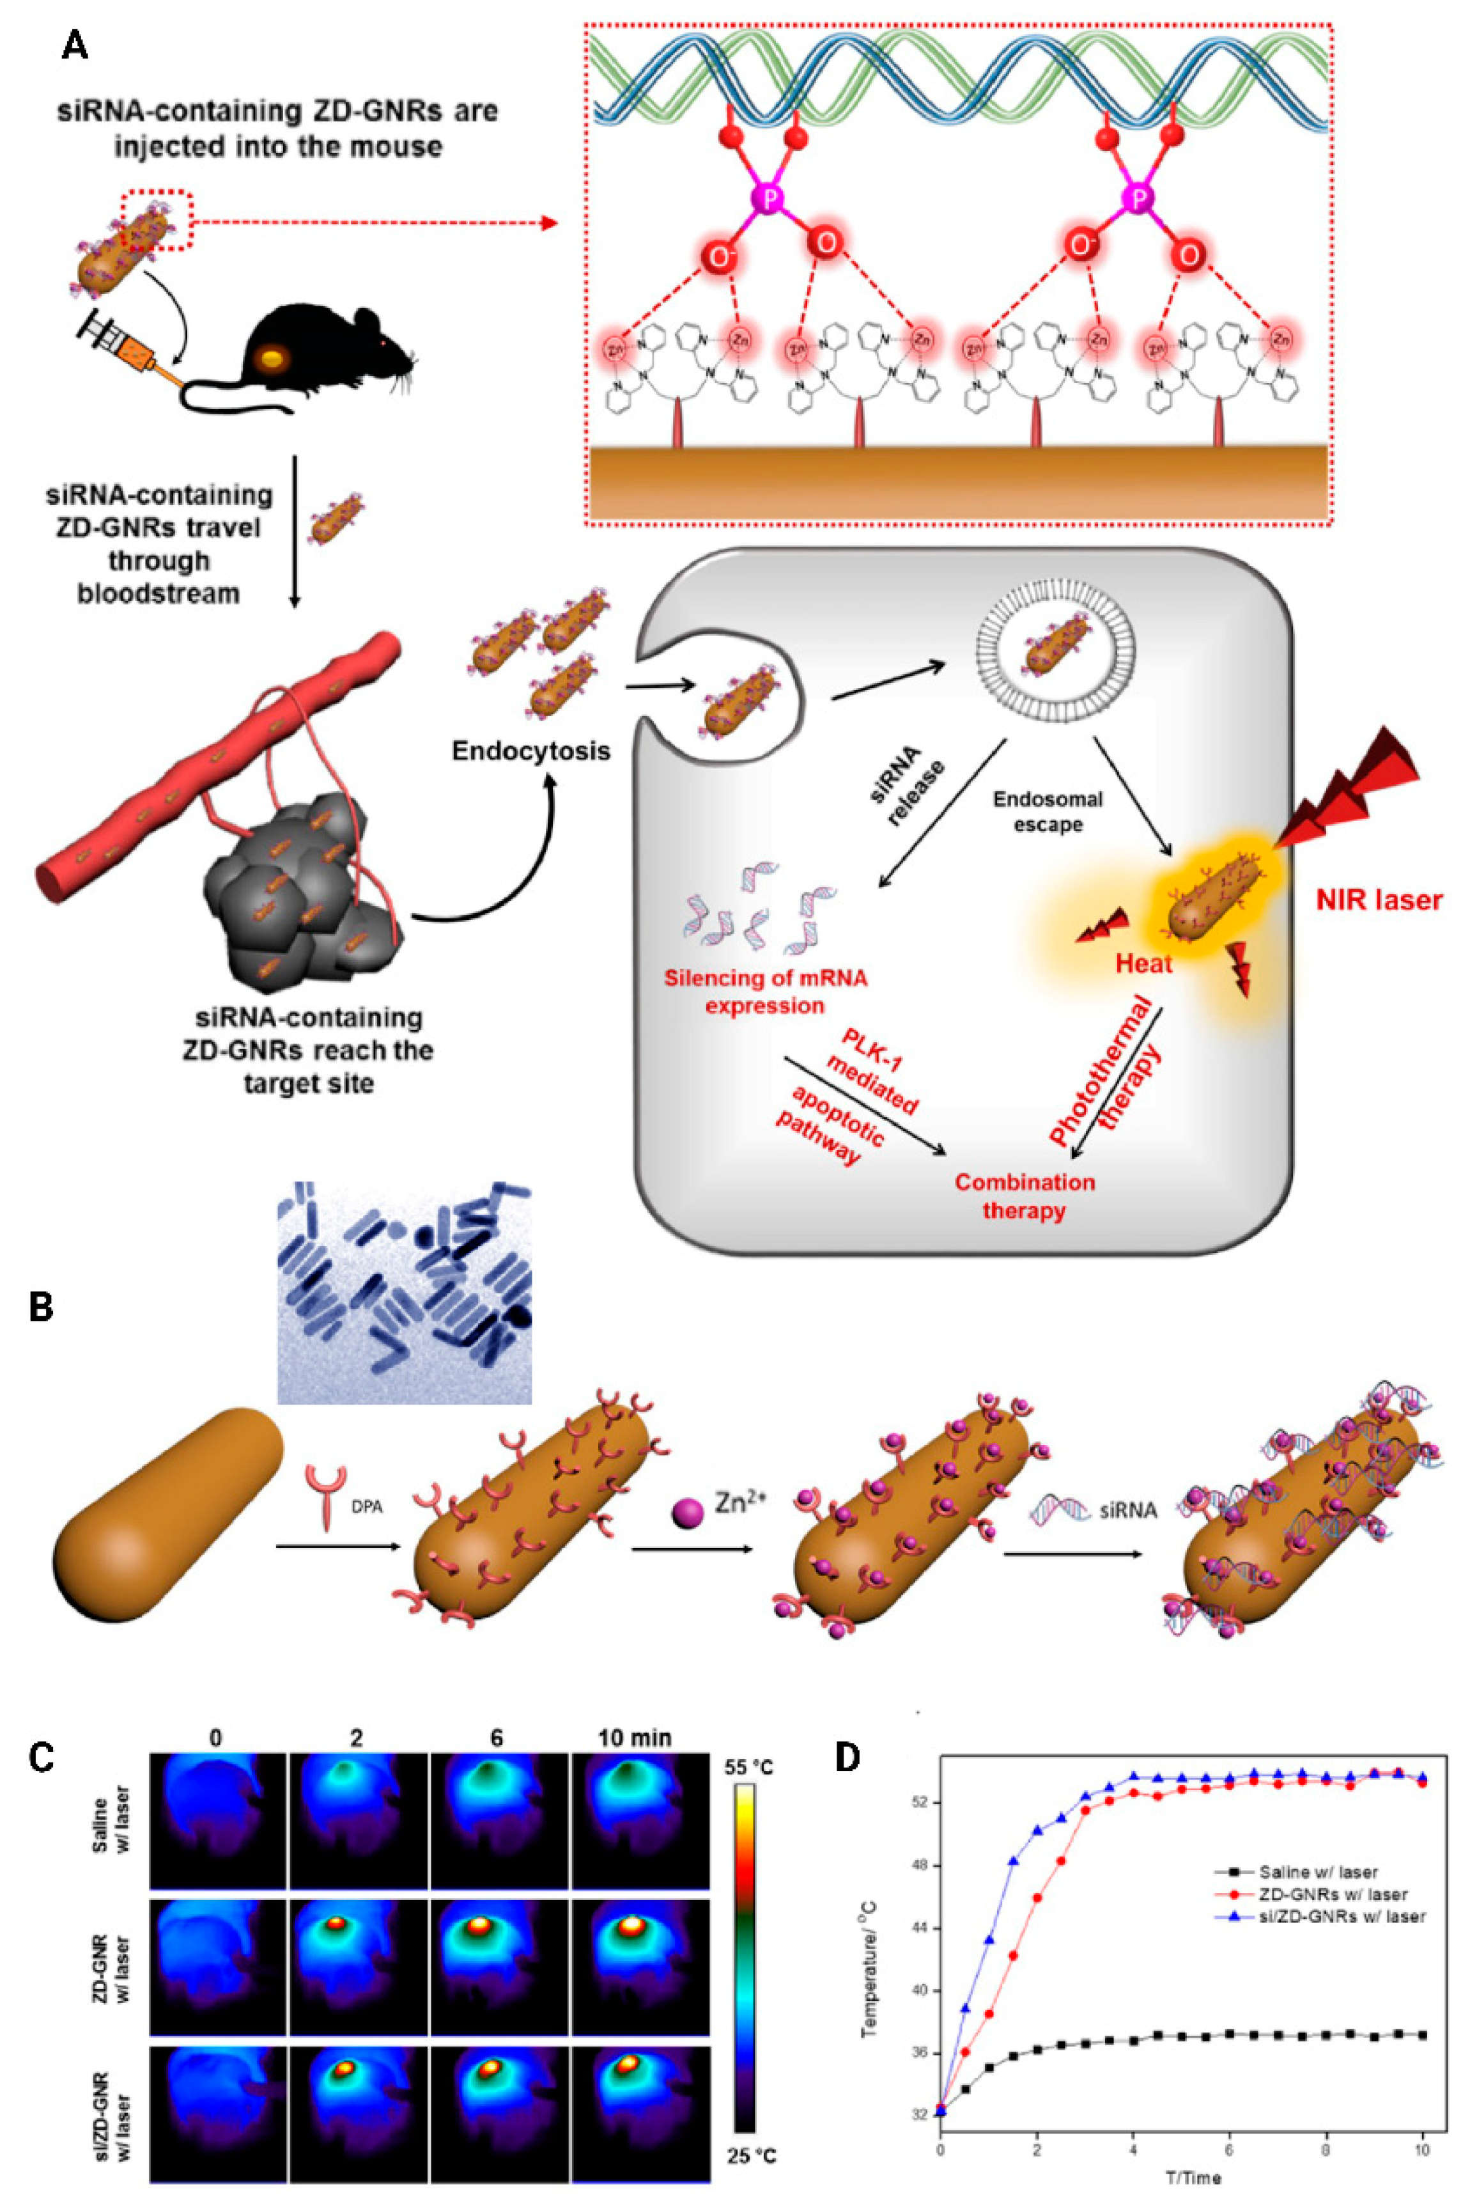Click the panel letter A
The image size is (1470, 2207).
pos(74,44)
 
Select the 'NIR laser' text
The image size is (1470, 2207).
pos(1378,901)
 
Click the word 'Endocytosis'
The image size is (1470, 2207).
pos(530,751)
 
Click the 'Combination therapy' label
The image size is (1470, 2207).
pos(1024,1196)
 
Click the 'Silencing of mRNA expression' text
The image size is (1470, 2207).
pos(765,992)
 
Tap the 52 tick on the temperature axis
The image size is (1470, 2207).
pos(920,1803)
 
